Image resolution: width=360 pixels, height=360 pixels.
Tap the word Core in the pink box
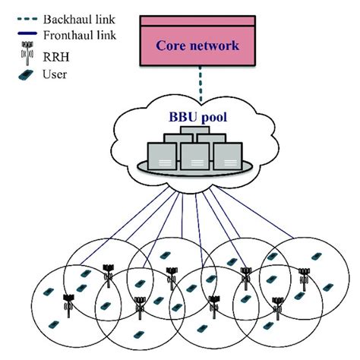[x=173, y=46]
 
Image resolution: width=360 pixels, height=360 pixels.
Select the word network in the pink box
[x=216, y=46]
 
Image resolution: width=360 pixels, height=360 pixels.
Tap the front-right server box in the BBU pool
[x=227, y=154]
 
